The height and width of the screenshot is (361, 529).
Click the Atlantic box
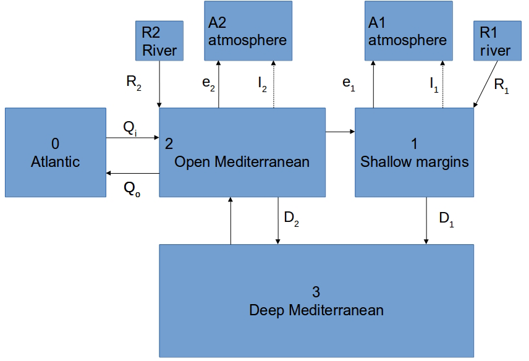56,153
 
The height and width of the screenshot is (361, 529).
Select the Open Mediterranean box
242,153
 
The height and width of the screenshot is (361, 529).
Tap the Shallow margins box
414,153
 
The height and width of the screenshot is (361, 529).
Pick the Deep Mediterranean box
316,300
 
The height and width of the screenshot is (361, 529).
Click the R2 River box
159,41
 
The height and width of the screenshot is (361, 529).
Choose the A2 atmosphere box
247,31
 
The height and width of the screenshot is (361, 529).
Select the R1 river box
496,41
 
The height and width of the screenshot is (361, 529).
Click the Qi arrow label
130,128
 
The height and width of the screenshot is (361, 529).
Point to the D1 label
446,219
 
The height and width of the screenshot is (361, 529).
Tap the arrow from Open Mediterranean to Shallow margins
340,131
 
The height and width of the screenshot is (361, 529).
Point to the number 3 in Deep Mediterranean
316,291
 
